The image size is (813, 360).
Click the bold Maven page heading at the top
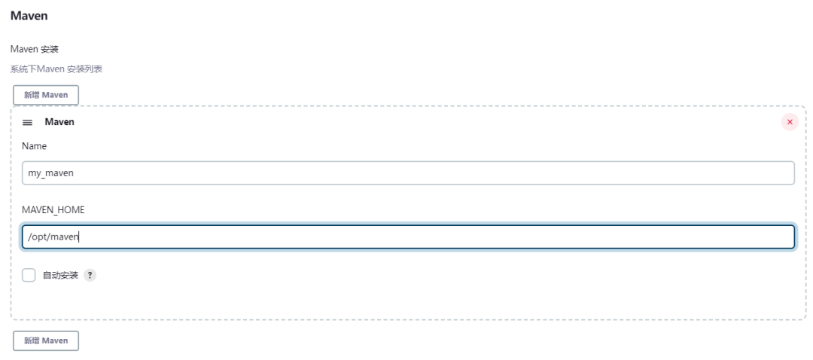[29, 16]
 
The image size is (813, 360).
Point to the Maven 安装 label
[34, 49]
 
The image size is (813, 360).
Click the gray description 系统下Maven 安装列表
[56, 69]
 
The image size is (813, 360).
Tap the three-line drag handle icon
[28, 123]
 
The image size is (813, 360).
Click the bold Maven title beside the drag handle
[59, 122]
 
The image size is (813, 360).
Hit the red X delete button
[790, 122]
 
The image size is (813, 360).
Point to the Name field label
[34, 146]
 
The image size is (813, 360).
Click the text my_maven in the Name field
[51, 173]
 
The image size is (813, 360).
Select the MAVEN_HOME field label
[53, 210]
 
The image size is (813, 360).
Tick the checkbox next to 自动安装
[29, 275]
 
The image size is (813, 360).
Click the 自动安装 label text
[60, 276]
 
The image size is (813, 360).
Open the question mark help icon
[90, 276]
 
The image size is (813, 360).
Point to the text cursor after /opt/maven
[78, 237]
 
